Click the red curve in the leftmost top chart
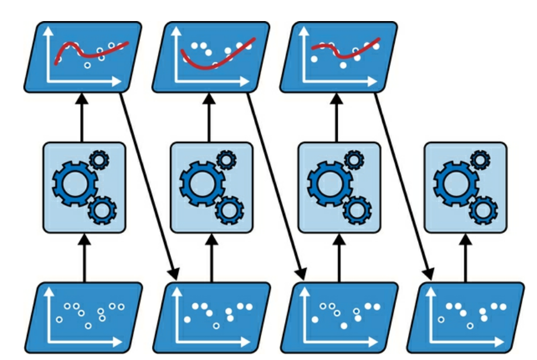pos(88,54)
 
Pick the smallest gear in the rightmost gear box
pos(480,159)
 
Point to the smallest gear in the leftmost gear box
pos(99,159)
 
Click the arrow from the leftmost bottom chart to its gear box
pos(83,258)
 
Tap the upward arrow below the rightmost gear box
pos(466,258)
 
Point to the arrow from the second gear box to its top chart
pos(210,117)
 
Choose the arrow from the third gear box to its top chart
pos(338,117)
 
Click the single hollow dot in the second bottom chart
pos(216,325)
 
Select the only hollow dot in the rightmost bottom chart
pos(470,325)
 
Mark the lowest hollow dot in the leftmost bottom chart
pos(88,325)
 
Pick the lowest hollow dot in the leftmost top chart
pos(87,66)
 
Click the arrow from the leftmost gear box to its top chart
pos(83,117)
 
